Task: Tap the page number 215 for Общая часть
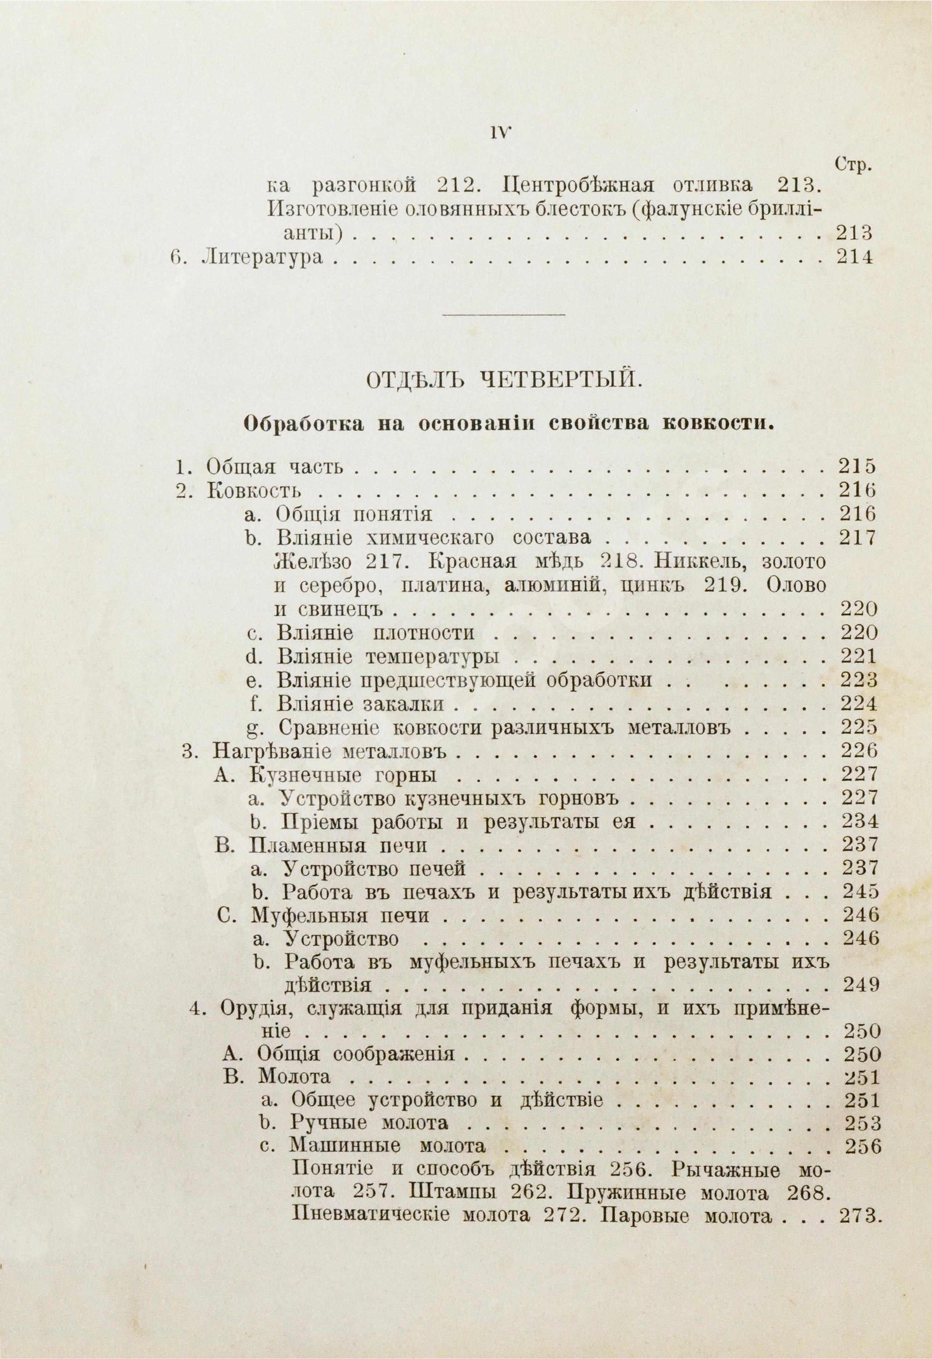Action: click(x=857, y=467)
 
